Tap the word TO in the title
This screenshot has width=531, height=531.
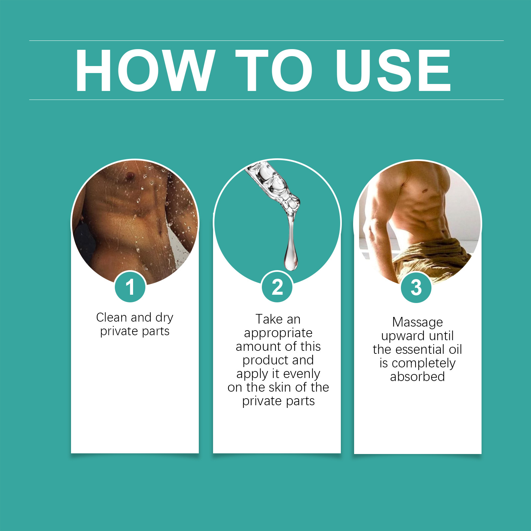274,70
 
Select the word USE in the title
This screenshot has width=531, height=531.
393,70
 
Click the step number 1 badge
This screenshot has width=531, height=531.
130,287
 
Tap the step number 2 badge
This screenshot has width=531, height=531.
277,287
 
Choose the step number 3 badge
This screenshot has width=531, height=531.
416,287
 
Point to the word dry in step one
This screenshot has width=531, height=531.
164,318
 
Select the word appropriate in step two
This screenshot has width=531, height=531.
278,334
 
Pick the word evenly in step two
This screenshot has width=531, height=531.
302,374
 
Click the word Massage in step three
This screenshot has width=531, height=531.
417,323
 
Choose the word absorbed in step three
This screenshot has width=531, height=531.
417,377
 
